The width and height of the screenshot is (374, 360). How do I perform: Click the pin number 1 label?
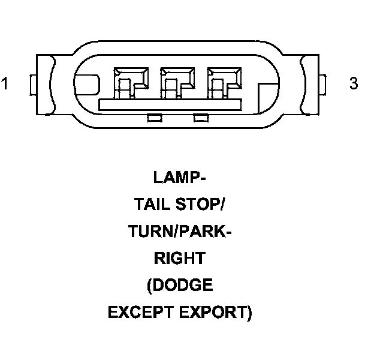(5, 83)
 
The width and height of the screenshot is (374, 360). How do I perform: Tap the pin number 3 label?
(354, 83)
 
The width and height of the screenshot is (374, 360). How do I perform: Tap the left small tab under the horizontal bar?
(153, 118)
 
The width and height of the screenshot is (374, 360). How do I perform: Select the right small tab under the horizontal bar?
(200, 118)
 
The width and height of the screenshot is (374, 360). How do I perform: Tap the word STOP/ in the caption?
(201, 205)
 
